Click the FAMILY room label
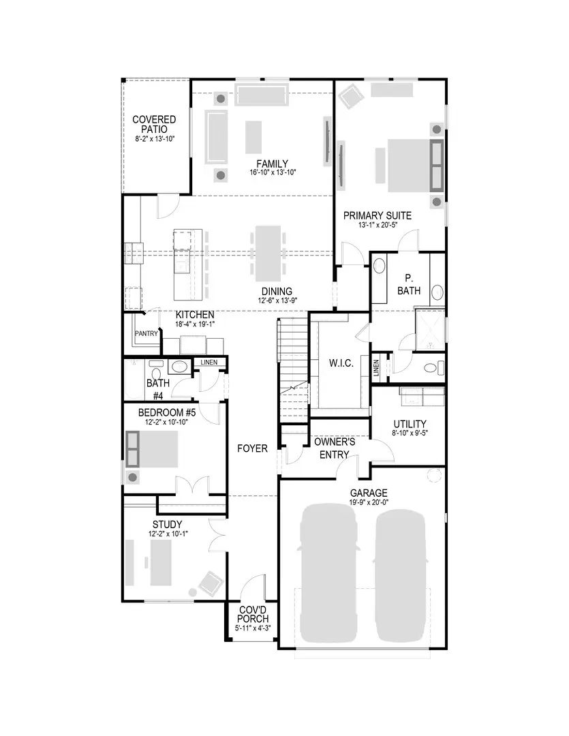click(272, 164)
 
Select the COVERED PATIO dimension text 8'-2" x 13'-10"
click(154, 139)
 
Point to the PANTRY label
click(146, 334)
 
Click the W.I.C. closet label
click(341, 363)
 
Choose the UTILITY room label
click(410, 423)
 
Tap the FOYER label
click(252, 448)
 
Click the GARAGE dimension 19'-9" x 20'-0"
click(369, 502)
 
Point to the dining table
click(268, 251)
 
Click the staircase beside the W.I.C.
click(293, 368)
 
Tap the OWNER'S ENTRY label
click(334, 448)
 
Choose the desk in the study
click(162, 562)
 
